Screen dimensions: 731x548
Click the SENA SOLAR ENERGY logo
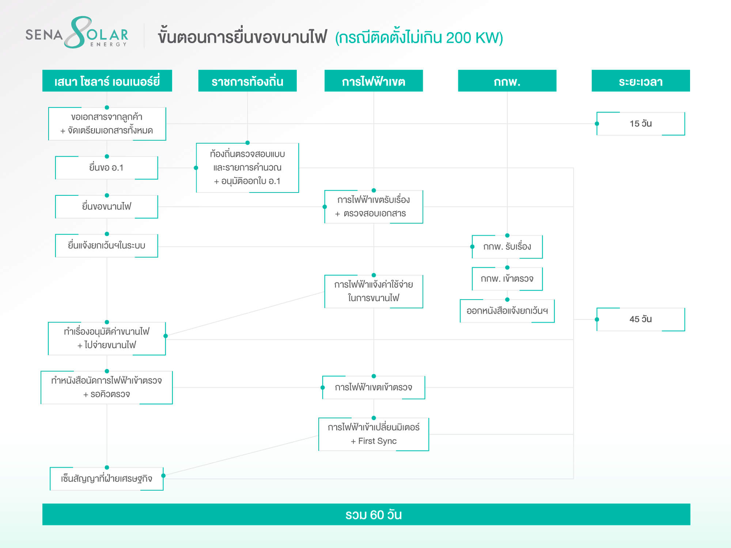tap(77, 33)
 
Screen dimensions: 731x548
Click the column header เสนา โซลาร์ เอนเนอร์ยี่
tap(107, 81)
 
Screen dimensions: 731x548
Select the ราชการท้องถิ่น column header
tap(247, 81)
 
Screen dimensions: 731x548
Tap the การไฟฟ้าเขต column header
tap(374, 81)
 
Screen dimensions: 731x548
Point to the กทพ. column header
tap(507, 81)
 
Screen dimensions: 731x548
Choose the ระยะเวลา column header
tap(641, 81)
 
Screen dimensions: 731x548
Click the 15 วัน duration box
tap(641, 123)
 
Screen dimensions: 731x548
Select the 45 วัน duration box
tap(641, 319)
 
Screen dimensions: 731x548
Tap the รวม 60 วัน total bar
tap(366, 514)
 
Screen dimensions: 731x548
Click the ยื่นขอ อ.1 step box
tap(107, 168)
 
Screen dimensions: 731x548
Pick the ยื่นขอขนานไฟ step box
tap(107, 207)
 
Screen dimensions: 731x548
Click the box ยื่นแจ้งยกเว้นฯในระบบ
tap(107, 246)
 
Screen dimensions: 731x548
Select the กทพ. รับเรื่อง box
tap(507, 247)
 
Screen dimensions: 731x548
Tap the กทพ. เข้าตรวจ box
tap(507, 279)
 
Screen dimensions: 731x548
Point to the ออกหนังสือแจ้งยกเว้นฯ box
tap(507, 311)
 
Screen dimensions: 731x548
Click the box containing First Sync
tap(374, 434)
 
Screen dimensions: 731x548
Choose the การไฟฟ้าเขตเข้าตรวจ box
tap(374, 387)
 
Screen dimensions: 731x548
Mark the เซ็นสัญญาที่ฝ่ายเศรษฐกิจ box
tap(107, 479)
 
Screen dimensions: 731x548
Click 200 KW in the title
tap(471, 38)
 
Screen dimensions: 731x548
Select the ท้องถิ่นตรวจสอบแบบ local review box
tap(247, 168)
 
